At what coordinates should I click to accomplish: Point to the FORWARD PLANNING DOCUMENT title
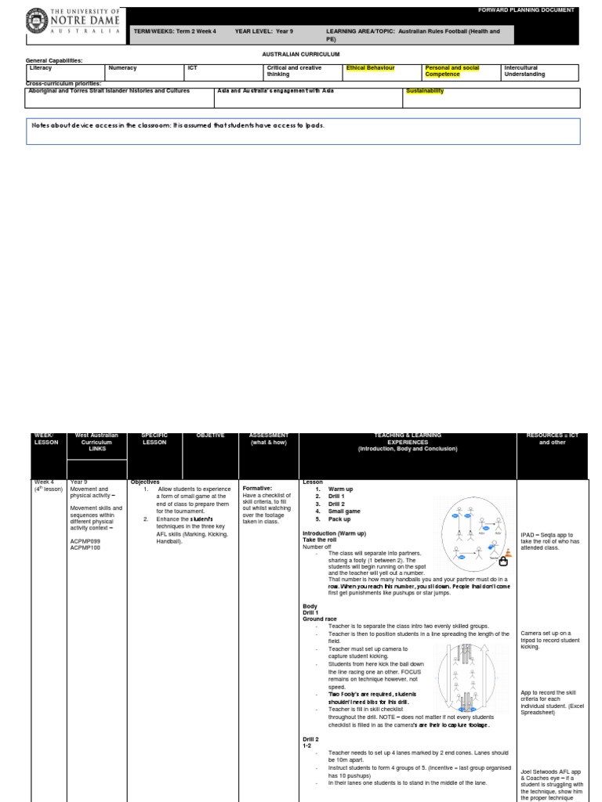(537, 10)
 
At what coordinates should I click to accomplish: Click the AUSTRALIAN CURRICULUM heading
(300, 54)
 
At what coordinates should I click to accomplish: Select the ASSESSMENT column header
(269, 439)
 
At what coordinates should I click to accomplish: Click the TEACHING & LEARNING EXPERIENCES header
(407, 442)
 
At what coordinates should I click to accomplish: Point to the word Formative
(257, 488)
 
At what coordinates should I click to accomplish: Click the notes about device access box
(303, 131)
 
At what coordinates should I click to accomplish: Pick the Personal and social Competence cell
(459, 71)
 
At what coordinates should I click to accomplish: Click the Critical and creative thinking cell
(303, 71)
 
